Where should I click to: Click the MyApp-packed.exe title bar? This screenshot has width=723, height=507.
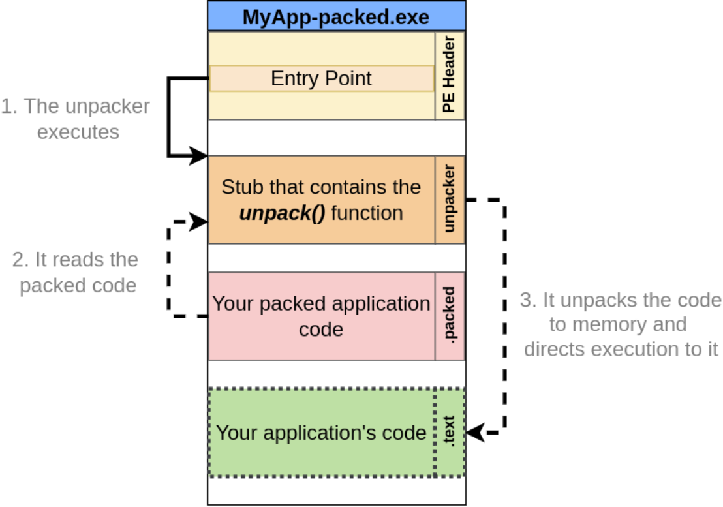(336, 16)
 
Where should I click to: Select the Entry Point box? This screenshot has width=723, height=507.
(321, 78)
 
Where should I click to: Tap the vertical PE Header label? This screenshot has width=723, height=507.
(450, 75)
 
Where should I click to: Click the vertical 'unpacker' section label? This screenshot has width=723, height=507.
(450, 199)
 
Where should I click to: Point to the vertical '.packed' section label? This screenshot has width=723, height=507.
(450, 316)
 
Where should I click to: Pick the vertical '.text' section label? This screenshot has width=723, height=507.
(450, 433)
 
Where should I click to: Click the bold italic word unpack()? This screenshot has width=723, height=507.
(282, 213)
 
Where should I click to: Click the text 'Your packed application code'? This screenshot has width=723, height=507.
(321, 316)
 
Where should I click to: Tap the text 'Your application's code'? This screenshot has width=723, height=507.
(321, 433)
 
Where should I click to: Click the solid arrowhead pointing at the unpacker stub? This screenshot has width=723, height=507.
(198, 157)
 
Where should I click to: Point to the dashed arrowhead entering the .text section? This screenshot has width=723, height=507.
(475, 433)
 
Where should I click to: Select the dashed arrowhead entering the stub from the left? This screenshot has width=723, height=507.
(198, 221)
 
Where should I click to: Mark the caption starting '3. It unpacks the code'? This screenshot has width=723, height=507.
(620, 324)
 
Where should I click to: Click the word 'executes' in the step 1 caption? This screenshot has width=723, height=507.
(78, 132)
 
